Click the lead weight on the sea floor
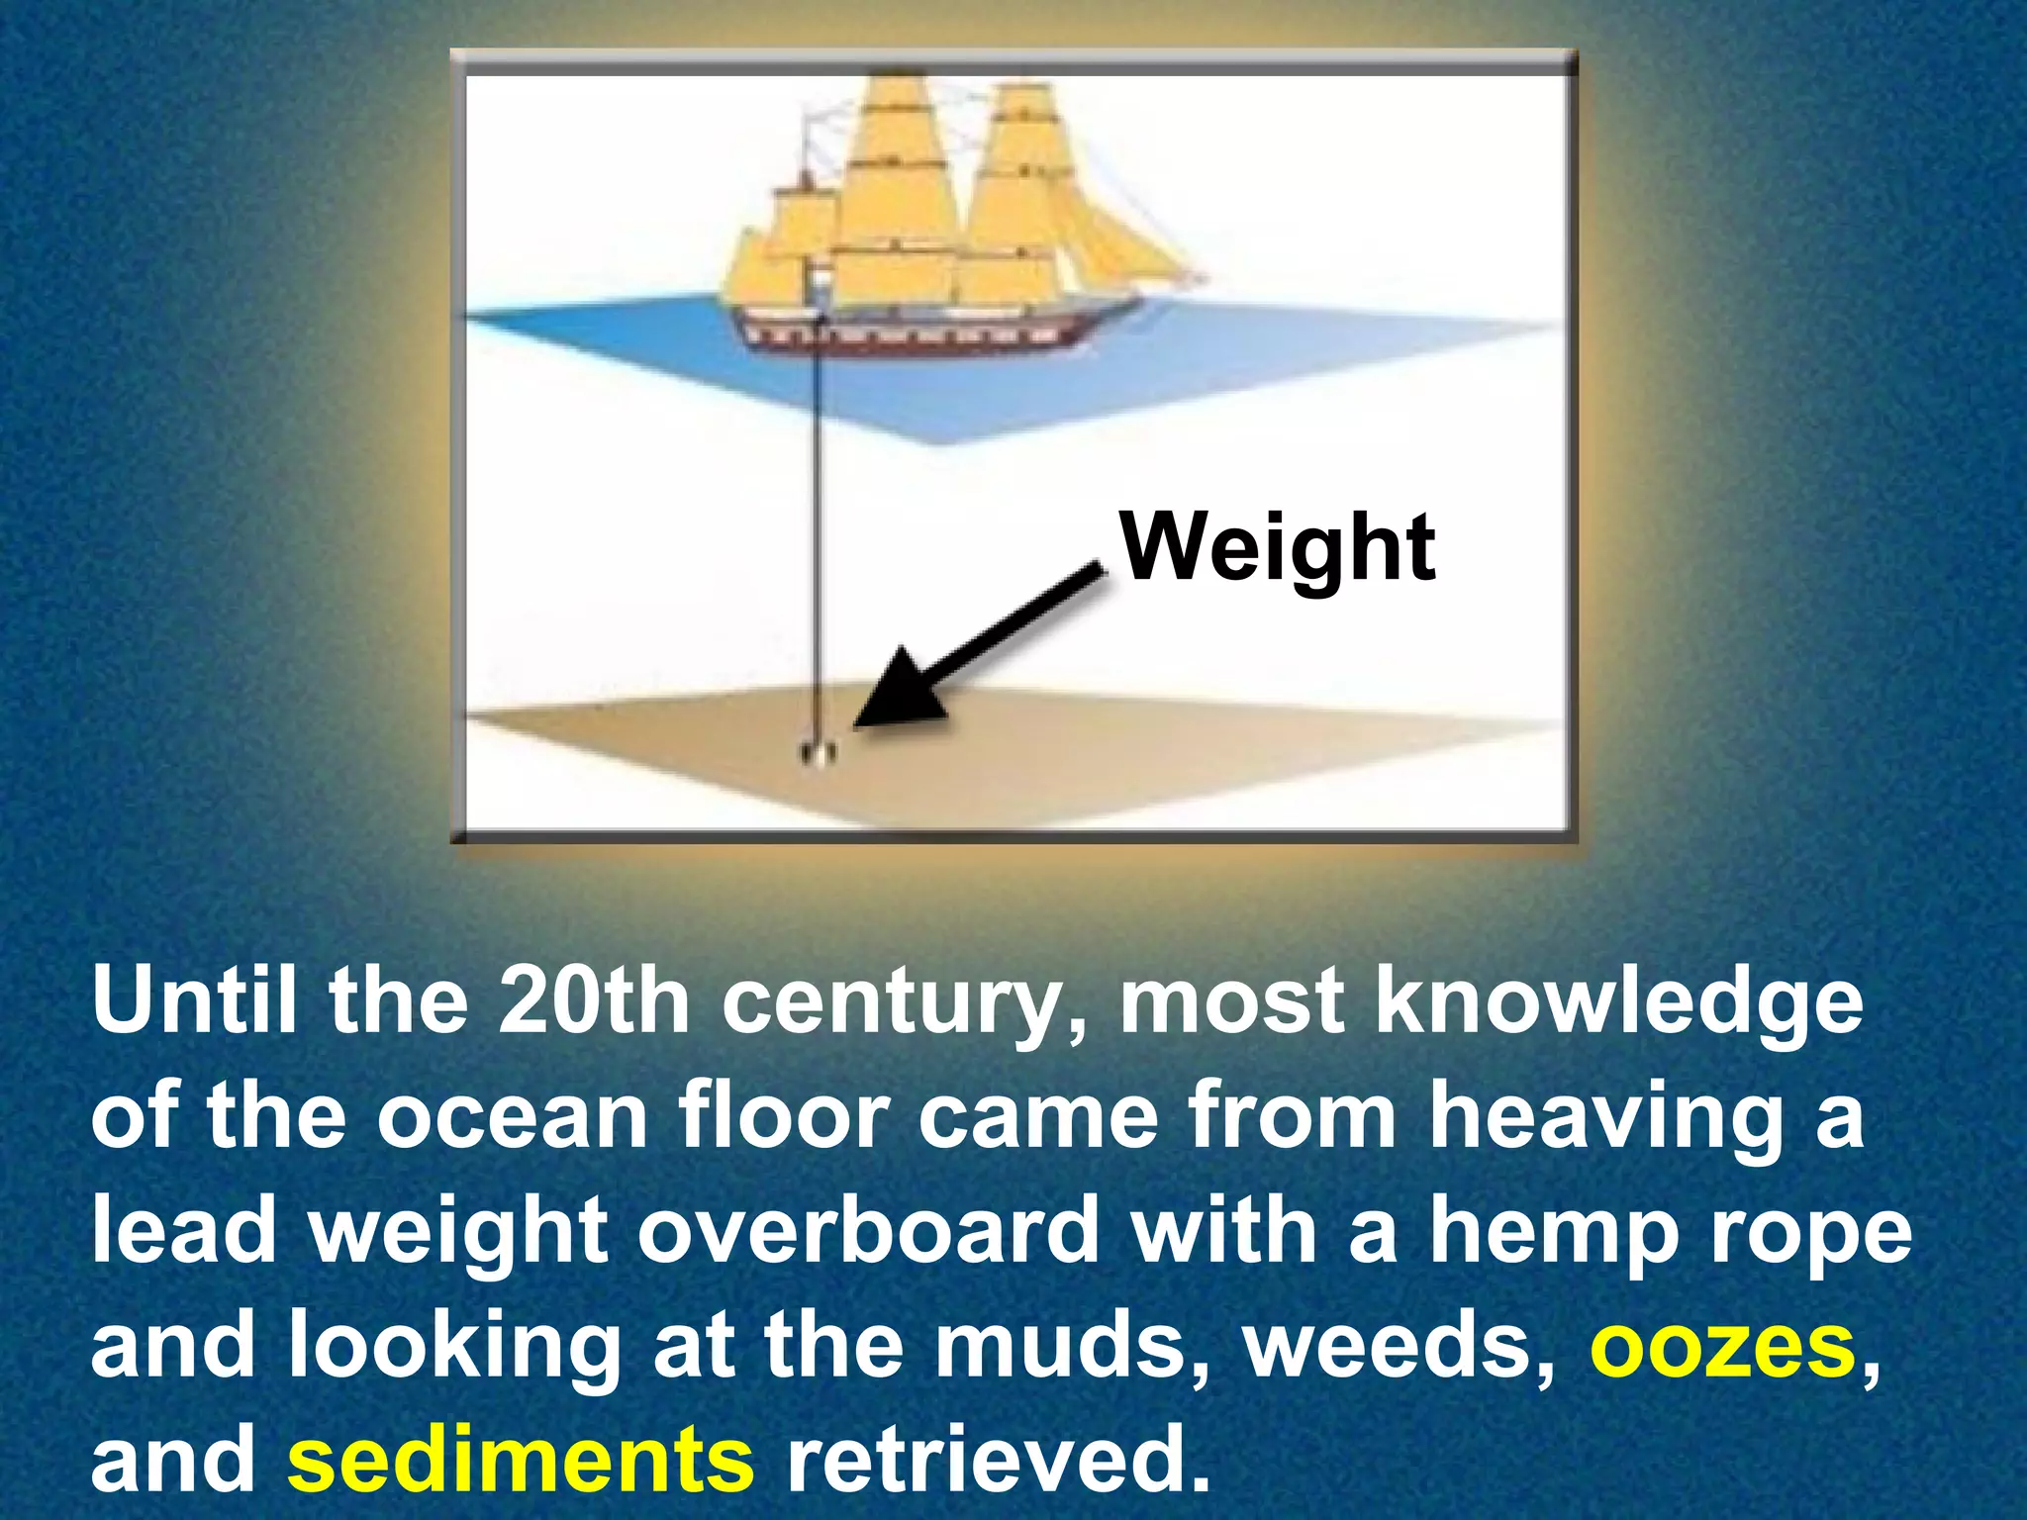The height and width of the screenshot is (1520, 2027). point(818,752)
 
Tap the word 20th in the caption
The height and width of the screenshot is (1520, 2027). point(594,1001)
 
